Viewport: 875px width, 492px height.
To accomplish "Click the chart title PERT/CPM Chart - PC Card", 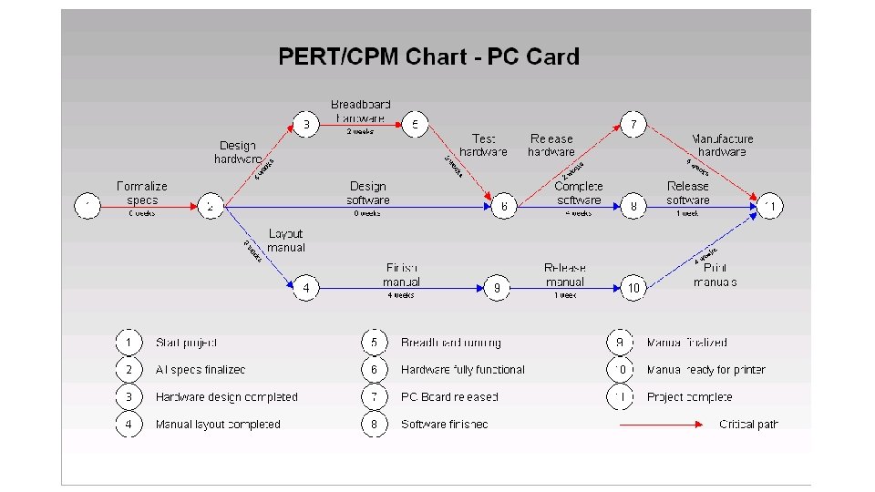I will (428, 56).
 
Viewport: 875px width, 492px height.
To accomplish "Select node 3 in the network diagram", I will (306, 124).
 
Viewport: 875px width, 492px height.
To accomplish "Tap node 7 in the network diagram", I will (633, 124).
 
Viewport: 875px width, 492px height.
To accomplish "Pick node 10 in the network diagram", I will (633, 288).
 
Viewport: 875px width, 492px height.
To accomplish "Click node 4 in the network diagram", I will (306, 288).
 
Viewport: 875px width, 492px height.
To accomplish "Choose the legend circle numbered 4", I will (129, 424).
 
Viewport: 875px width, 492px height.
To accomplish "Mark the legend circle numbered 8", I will (374, 424).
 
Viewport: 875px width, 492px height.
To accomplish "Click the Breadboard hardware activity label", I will (360, 111).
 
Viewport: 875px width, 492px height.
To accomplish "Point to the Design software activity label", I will (367, 193).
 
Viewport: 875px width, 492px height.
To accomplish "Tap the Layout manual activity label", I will (285, 241).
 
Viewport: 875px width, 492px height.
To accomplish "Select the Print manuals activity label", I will (715, 274).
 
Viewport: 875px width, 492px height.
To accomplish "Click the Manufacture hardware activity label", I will (722, 145).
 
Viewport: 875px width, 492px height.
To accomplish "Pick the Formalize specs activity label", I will (142, 193).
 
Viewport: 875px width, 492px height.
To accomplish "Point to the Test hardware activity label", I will (483, 145).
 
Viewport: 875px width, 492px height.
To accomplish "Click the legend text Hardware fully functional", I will (462, 370).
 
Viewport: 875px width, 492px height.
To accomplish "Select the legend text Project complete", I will (689, 397).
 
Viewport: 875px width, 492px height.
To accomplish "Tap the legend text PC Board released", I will (449, 397).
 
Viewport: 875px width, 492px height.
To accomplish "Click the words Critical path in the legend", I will (748, 424).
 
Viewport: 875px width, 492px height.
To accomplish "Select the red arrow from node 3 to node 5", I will (360, 125).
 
